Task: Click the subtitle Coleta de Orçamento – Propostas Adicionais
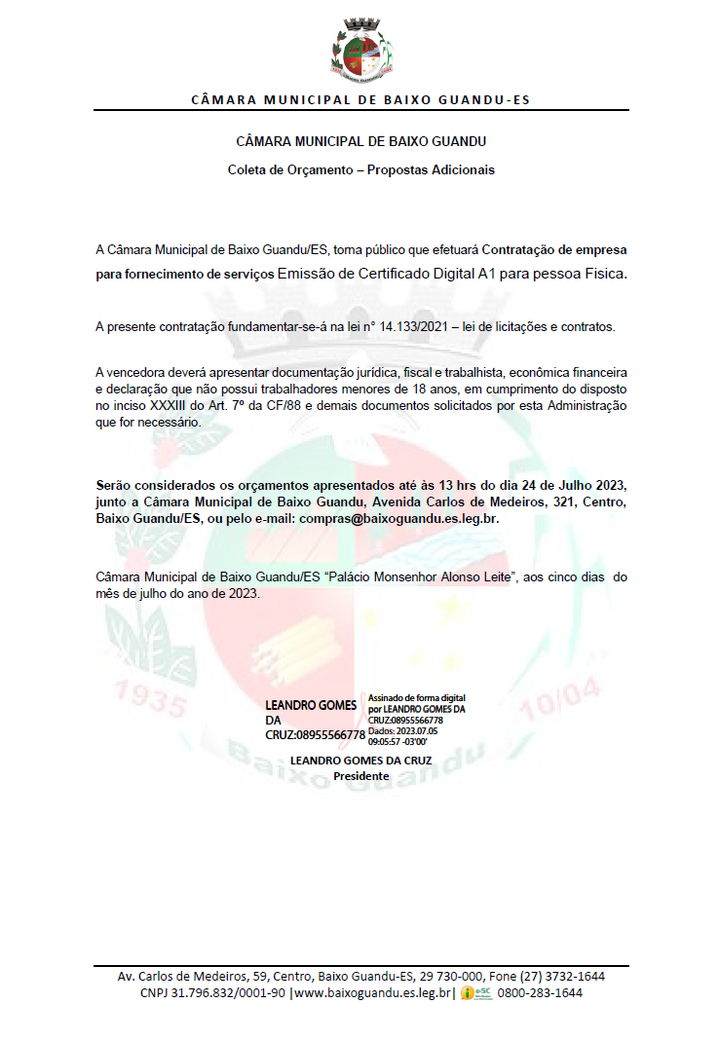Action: tap(360, 169)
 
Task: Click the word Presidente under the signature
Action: tap(360, 776)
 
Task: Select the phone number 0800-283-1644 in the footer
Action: tap(540, 993)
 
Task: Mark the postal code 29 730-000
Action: tap(451, 976)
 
